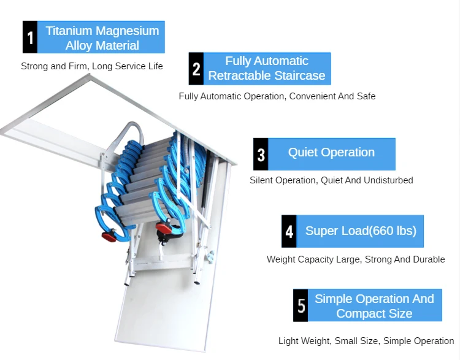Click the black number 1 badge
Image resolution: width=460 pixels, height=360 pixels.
(x=30, y=37)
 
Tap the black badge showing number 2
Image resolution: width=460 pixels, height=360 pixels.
(x=196, y=69)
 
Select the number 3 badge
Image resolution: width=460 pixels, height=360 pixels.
(x=261, y=154)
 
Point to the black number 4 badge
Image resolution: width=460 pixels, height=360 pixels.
(x=289, y=231)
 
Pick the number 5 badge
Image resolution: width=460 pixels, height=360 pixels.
(x=301, y=305)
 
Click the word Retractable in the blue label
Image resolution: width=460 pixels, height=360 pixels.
(x=238, y=75)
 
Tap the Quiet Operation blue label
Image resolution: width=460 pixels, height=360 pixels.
(x=331, y=153)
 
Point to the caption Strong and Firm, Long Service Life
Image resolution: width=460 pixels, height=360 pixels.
(x=92, y=66)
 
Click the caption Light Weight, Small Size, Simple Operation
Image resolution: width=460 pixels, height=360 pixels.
(x=366, y=341)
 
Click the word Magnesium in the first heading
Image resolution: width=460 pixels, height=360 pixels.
(x=130, y=31)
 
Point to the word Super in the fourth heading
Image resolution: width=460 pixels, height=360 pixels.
(x=321, y=231)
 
